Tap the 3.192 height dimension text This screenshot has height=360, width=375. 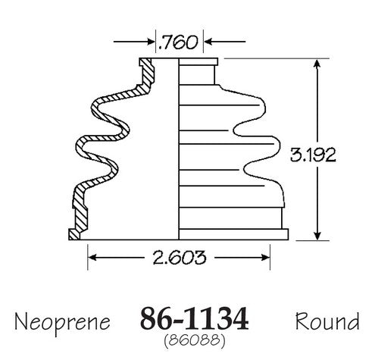(313, 155)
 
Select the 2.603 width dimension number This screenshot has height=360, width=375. (180, 258)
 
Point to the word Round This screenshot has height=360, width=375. (327, 321)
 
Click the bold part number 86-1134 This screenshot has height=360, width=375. (194, 318)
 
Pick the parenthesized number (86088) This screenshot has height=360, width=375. (194, 341)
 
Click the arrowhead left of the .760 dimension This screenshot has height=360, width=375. (151, 42)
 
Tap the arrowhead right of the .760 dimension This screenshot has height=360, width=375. (208, 41)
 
